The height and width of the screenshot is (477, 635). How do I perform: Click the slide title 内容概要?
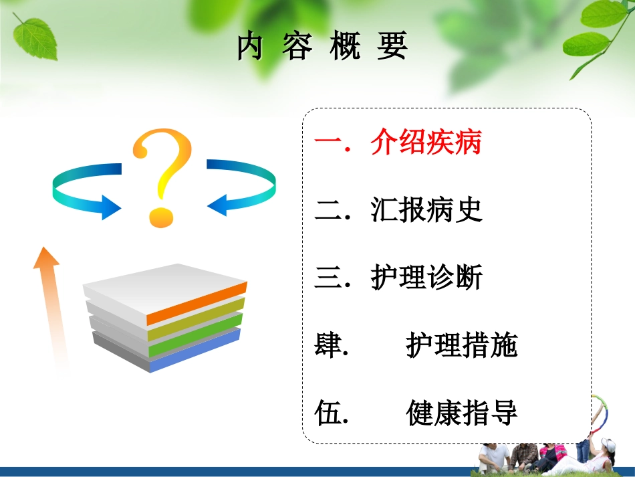pos(322,45)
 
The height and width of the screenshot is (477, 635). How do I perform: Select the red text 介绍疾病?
pos(426,142)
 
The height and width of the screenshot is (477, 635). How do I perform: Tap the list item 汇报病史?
pos(426,209)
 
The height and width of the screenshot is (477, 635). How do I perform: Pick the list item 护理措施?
pos(462,345)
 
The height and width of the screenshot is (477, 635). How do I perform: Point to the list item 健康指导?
pos(462,413)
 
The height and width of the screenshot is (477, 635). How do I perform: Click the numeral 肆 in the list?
pos(328,345)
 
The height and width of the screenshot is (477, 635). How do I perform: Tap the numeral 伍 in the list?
pos(328,413)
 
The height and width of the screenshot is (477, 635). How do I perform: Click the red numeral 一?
pos(328,142)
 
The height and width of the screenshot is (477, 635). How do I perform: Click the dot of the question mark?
pos(161,217)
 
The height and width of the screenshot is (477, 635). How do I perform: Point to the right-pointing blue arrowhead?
pos(112,207)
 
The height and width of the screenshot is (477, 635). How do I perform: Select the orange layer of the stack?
pos(197,304)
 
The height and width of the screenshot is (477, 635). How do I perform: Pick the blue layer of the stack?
pos(195,351)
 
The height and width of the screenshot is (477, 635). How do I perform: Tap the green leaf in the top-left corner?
pos(35,38)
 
